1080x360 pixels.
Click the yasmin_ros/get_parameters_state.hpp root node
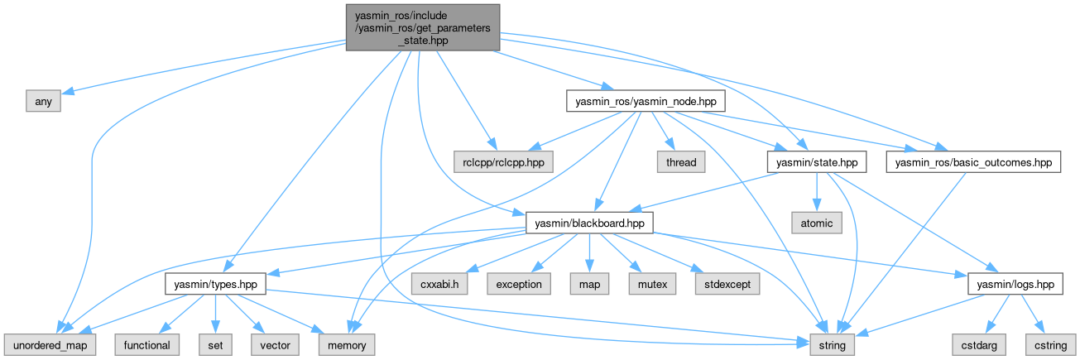pyautogui.click(x=422, y=26)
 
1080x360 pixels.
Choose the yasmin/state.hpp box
pyautogui.click(x=817, y=162)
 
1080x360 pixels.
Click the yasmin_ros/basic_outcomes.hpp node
pyautogui.click(x=972, y=162)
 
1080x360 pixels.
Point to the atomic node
pyautogui.click(x=817, y=223)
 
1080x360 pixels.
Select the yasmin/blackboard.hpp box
pyautogui.click(x=590, y=223)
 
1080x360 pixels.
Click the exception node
pyautogui.click(x=519, y=284)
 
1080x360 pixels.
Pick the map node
pyautogui.click(x=588, y=284)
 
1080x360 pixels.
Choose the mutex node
pyautogui.click(x=646, y=284)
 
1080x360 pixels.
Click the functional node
pyautogui.click(x=146, y=344)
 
